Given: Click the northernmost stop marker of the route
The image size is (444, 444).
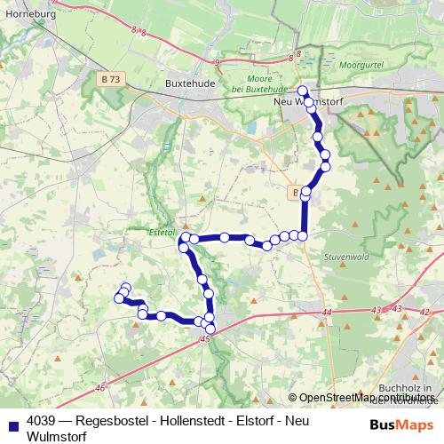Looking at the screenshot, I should pyautogui.click(x=302, y=91).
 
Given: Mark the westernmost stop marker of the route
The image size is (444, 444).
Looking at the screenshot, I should pyautogui.click(x=119, y=298).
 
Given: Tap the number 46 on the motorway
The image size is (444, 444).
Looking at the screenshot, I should pyautogui.click(x=99, y=386).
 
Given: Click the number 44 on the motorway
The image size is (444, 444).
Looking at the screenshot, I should pyautogui.click(x=327, y=313).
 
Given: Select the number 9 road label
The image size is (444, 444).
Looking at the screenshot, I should pyautogui.click(x=218, y=61).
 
